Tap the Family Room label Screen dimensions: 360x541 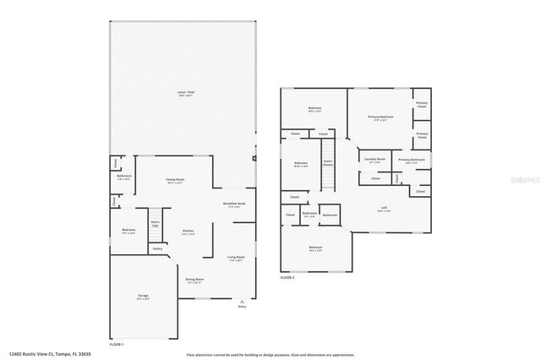(x=175, y=180)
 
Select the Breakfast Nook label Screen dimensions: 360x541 (x=234, y=205)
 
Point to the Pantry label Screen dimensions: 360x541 (x=157, y=248)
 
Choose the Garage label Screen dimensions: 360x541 (x=143, y=297)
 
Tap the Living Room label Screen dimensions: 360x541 (x=236, y=258)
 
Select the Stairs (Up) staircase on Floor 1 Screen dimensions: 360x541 (x=156, y=223)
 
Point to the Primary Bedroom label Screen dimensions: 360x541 (x=380, y=117)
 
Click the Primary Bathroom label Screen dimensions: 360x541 (x=411, y=160)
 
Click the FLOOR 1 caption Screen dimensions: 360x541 (x=117, y=344)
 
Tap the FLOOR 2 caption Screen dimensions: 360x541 (x=288, y=277)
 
